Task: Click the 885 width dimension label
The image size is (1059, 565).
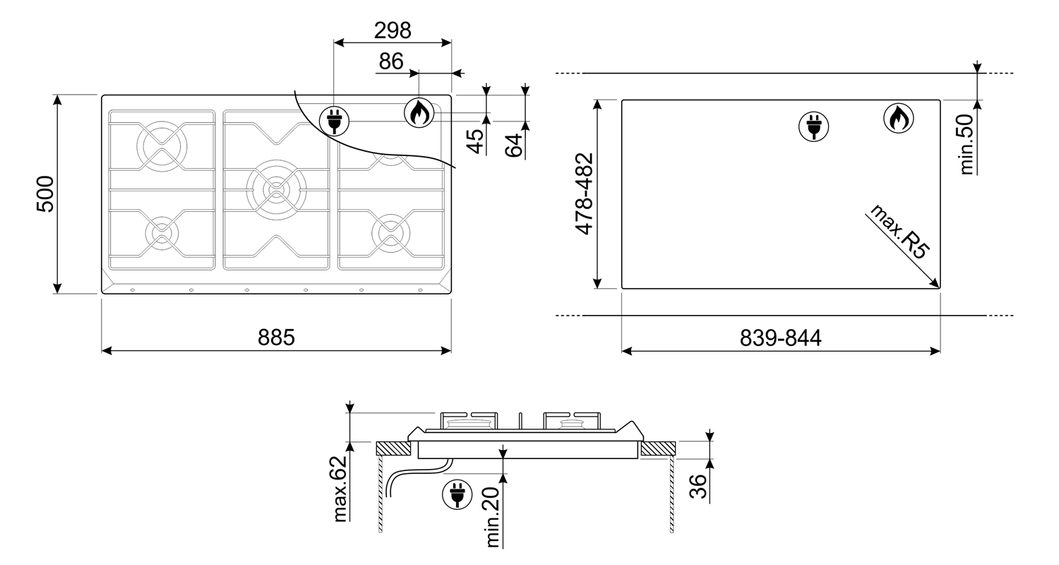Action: coord(276,338)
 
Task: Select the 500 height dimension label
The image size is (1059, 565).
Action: coord(46,194)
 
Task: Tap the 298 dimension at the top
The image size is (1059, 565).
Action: coord(393,31)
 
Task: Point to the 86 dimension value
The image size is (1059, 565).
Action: coord(391,61)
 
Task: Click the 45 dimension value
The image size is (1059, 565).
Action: coord(476,141)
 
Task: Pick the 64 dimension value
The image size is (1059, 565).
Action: coord(514,145)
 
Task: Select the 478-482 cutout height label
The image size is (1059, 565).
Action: coord(584,194)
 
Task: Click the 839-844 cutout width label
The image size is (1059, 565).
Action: coord(781,338)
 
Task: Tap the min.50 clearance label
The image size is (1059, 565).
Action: coord(967,145)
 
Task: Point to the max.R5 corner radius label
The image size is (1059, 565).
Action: coord(899,231)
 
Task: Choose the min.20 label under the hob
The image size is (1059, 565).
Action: coord(492,517)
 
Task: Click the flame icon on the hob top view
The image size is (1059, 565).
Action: coord(419,112)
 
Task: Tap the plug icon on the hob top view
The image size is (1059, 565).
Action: coord(334,121)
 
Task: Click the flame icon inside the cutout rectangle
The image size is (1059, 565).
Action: coord(898,118)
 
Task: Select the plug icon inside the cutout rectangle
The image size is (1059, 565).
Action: coord(813,126)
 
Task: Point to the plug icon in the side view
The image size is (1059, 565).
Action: coord(457,494)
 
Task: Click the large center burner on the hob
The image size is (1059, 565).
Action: coord(276,190)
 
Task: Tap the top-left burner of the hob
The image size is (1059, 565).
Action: coord(162,145)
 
